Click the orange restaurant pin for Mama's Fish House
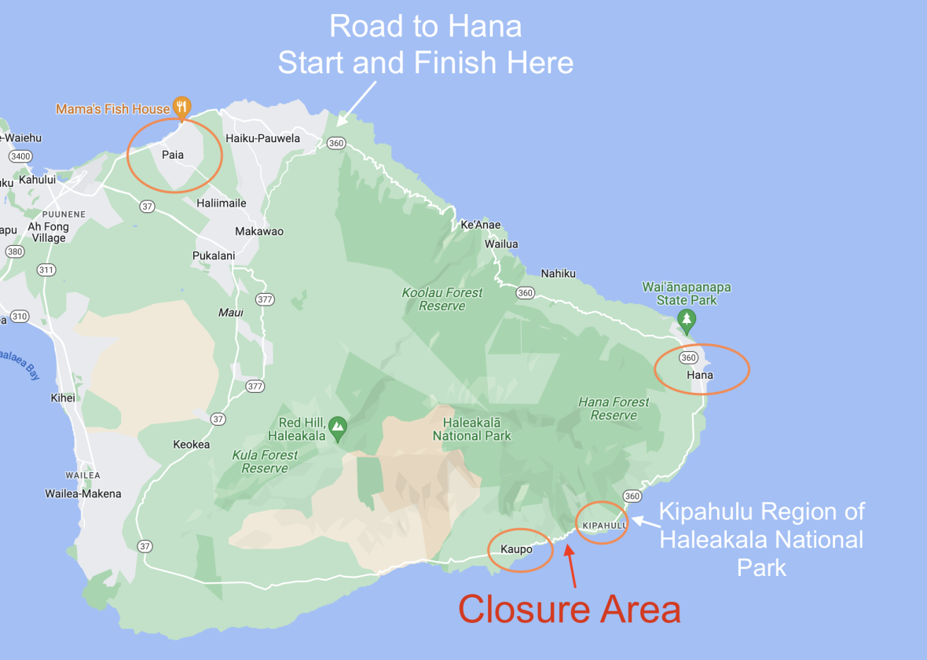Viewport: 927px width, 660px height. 181,107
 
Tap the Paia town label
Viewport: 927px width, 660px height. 173,155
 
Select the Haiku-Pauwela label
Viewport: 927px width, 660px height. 262,138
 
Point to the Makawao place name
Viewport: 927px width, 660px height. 259,232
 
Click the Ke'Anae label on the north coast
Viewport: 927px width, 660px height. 480,225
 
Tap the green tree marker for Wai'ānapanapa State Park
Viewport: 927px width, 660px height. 687,319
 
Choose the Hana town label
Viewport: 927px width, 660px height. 700,375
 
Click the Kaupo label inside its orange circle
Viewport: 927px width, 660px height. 516,549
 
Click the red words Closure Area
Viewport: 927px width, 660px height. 570,610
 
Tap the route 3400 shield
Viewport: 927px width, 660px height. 20,156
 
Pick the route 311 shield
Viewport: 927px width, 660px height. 46,270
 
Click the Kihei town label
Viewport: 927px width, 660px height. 63,398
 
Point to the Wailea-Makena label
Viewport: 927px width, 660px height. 83,494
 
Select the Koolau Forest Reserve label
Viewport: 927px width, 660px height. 442,299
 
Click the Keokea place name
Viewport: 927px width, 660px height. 192,445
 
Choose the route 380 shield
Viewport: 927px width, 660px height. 14,252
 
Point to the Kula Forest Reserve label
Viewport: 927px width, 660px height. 265,461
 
